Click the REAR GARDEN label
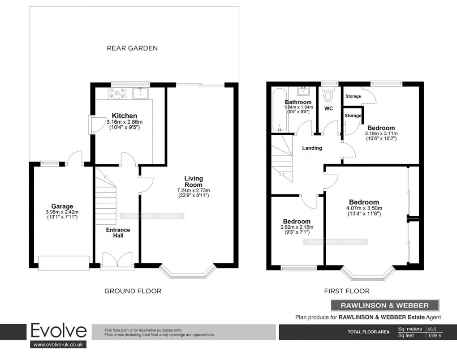tap(132, 48)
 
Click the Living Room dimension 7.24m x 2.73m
tap(194, 190)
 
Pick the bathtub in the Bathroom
tap(277, 110)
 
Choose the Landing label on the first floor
tap(312, 148)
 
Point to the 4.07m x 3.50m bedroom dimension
tap(364, 208)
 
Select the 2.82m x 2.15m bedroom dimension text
tap(297, 227)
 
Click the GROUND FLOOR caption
tap(133, 291)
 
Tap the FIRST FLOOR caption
tap(347, 291)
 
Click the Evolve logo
tap(58, 332)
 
